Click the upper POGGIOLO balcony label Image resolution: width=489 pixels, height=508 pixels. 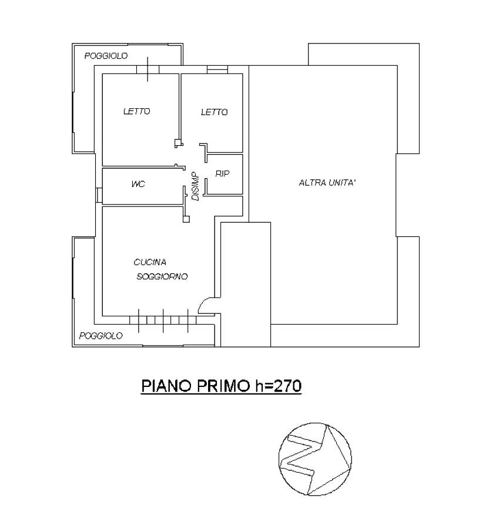click(106, 56)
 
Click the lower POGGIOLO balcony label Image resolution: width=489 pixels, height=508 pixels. click(101, 336)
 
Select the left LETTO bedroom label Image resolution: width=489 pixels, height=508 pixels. click(137, 112)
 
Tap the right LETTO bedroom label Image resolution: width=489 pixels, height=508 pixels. click(215, 112)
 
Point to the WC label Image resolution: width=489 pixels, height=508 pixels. click(138, 184)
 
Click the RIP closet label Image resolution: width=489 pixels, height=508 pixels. click(223, 173)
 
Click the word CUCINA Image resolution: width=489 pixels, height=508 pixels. click(150, 262)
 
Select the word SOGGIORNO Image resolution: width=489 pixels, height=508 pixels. click(162, 277)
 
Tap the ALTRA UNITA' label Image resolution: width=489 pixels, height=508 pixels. click(327, 183)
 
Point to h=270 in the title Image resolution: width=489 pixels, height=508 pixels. click(279, 386)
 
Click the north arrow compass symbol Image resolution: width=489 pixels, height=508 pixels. click(315, 459)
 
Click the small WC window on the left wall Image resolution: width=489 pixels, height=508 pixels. click(99, 195)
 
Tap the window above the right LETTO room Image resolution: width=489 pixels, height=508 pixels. click(217, 69)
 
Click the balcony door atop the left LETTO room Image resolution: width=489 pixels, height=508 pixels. click(148, 69)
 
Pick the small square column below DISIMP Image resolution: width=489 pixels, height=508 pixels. click(186, 219)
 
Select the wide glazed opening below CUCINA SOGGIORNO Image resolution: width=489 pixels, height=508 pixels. click(163, 320)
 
